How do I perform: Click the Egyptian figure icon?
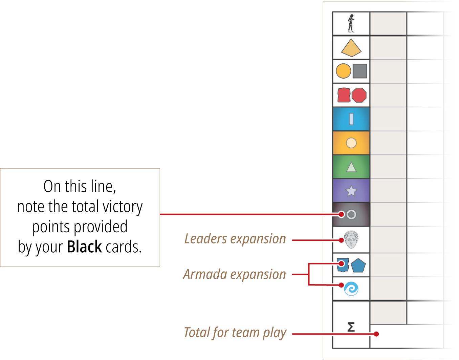351,23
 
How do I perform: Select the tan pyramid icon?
351,48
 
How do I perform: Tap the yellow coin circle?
343,71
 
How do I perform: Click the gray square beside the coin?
360,71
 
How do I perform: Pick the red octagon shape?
359,95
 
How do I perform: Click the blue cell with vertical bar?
351,119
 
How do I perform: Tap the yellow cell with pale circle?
351,143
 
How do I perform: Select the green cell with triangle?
351,167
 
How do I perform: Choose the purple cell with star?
351,191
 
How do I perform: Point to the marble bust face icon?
351,239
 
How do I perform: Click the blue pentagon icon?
358,265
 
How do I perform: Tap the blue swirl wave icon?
351,289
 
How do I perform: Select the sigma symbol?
351,326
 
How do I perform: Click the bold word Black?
84,246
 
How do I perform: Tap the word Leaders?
205,239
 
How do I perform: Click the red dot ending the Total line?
376,334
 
